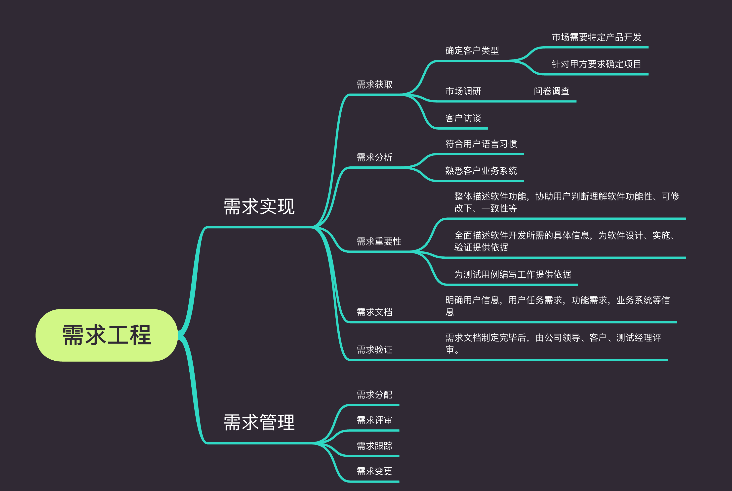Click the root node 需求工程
[x=107, y=335]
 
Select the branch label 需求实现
[x=259, y=207]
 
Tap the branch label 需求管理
[x=259, y=422]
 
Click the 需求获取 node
[x=374, y=85]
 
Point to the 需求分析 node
[x=374, y=157]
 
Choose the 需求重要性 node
[x=379, y=242]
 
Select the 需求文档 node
[x=374, y=312]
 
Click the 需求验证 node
[x=374, y=349]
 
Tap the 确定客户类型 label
[x=472, y=51]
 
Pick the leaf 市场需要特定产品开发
[x=597, y=37]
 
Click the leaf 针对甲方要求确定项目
[x=597, y=64]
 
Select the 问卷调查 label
[x=552, y=91]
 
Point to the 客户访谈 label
[x=463, y=118]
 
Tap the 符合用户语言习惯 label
[x=481, y=144]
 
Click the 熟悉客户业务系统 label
[x=481, y=171]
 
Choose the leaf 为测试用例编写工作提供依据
[x=512, y=274]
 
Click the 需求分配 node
[x=374, y=394]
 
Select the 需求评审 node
[x=374, y=420]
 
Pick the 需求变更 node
[x=374, y=471]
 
